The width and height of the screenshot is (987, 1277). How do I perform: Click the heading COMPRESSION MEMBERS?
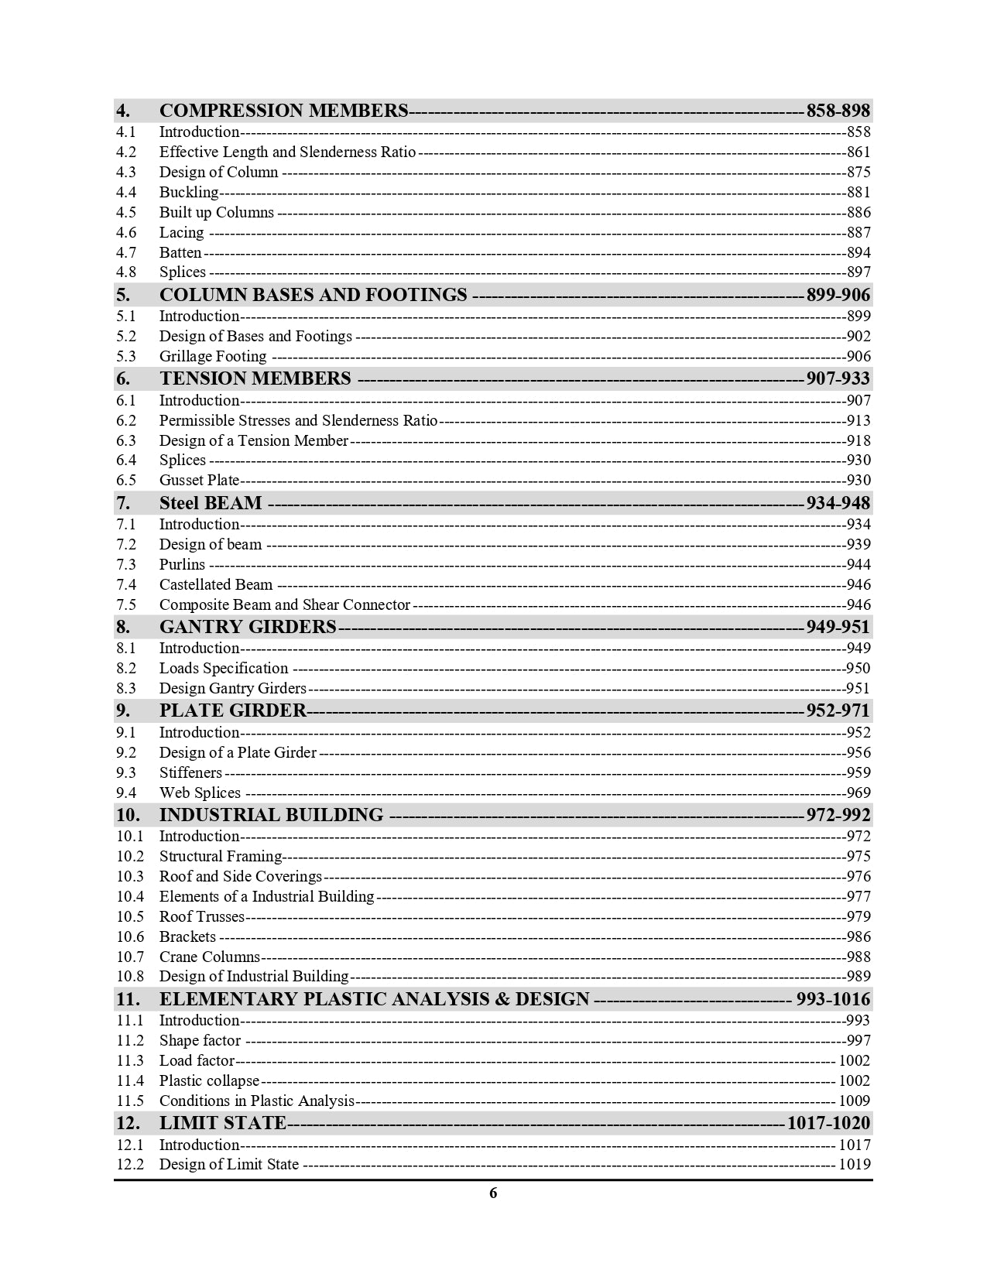283,111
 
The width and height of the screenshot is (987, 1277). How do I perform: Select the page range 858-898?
838,111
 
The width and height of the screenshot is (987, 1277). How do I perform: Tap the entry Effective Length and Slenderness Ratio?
287,152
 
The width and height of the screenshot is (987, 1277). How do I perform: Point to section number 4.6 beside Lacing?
126,233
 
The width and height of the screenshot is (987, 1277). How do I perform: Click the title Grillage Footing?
213,357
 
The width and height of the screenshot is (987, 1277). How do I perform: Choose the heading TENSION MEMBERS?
255,378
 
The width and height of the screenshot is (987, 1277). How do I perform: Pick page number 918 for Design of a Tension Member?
858,441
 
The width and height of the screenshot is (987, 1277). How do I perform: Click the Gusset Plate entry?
199,481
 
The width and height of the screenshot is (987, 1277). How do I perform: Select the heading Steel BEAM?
211,503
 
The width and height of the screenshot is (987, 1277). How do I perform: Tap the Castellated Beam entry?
216,585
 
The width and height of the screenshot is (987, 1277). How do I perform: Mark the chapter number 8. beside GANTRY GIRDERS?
123,627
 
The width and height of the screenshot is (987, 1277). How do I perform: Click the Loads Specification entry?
224,669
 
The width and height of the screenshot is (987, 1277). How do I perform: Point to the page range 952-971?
838,710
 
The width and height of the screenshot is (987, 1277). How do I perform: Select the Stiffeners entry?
190,773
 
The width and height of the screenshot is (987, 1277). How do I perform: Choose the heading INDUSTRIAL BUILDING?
271,815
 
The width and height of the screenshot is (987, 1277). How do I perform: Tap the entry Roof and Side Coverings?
240,877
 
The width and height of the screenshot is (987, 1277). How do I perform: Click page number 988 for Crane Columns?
858,957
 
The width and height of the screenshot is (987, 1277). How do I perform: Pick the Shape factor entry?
200,1041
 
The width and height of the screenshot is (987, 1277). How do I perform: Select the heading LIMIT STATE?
223,1123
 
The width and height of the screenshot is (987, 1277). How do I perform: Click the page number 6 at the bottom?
493,1193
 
